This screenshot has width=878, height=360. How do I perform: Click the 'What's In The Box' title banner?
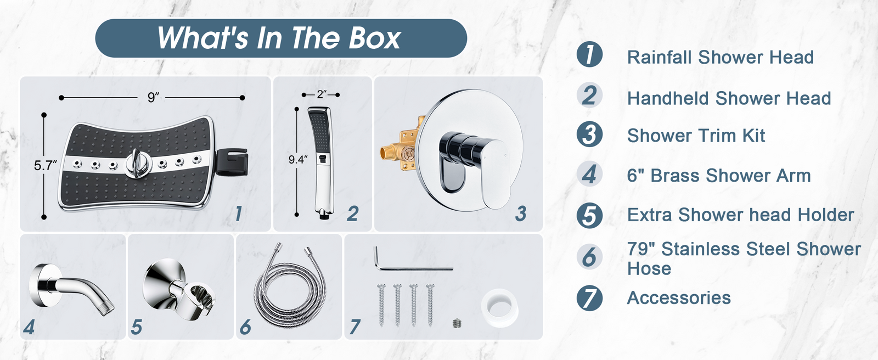[281, 38]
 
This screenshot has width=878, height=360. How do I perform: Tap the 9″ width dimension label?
[153, 98]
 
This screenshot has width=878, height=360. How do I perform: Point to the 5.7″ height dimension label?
[45, 166]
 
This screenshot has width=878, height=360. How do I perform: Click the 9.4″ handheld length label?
[298, 160]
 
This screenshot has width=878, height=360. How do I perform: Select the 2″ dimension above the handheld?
[322, 94]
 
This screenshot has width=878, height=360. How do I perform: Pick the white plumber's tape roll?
[500, 307]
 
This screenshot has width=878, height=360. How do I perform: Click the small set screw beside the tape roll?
[457, 323]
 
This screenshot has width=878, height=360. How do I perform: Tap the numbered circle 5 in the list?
[589, 215]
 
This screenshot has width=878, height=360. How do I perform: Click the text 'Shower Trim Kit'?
[696, 136]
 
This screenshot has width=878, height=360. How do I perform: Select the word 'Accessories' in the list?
[679, 297]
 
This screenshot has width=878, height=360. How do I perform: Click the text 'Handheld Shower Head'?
[729, 98]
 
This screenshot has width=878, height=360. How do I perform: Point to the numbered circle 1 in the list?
[589, 54]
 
